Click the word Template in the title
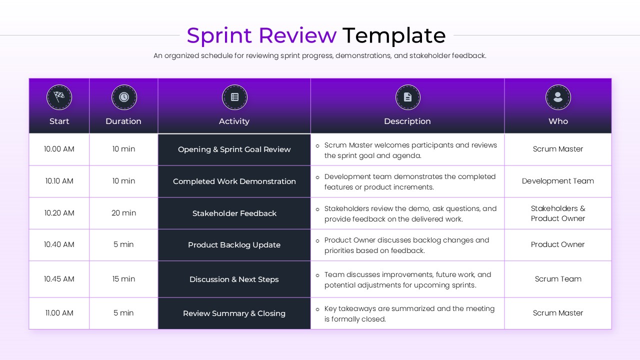point(393,36)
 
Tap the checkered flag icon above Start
point(59,97)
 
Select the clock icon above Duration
point(123,97)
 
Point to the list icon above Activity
point(234,97)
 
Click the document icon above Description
point(407,97)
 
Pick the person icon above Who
point(558,97)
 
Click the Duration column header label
point(123,121)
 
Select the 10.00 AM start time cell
point(59,149)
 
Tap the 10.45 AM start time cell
point(59,279)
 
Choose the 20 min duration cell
point(123,213)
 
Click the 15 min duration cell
point(123,279)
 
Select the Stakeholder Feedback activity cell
point(234,213)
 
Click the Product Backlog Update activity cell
point(234,245)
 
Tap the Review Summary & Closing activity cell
point(234,313)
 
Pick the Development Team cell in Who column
point(558,181)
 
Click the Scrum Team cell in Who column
point(558,279)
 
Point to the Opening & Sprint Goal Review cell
point(234,149)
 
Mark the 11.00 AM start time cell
point(59,313)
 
